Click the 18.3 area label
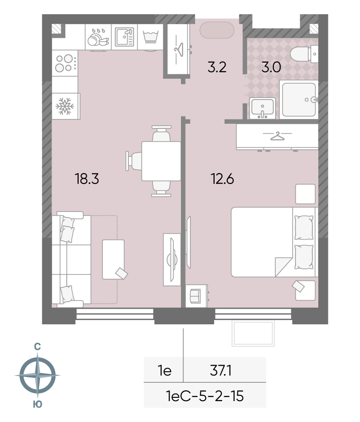pos(87,179)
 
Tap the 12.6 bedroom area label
pos(222,179)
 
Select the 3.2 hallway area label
pos(216,67)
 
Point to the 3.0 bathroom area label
pos(271,67)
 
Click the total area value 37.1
pos(220,371)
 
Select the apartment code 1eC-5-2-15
pos(205,396)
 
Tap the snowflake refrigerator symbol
pos(65,106)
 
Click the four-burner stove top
pos(65,63)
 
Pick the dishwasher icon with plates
pos(98,37)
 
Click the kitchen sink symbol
pos(125,37)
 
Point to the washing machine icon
pos(151,37)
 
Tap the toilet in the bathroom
pos(304,54)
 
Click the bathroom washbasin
pos(262,108)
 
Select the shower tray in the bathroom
pos(299,99)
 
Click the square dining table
pos(162,161)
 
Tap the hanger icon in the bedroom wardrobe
pos(278,136)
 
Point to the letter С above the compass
pos(37,347)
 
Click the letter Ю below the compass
pos(37,404)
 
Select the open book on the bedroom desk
pos(195,296)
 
